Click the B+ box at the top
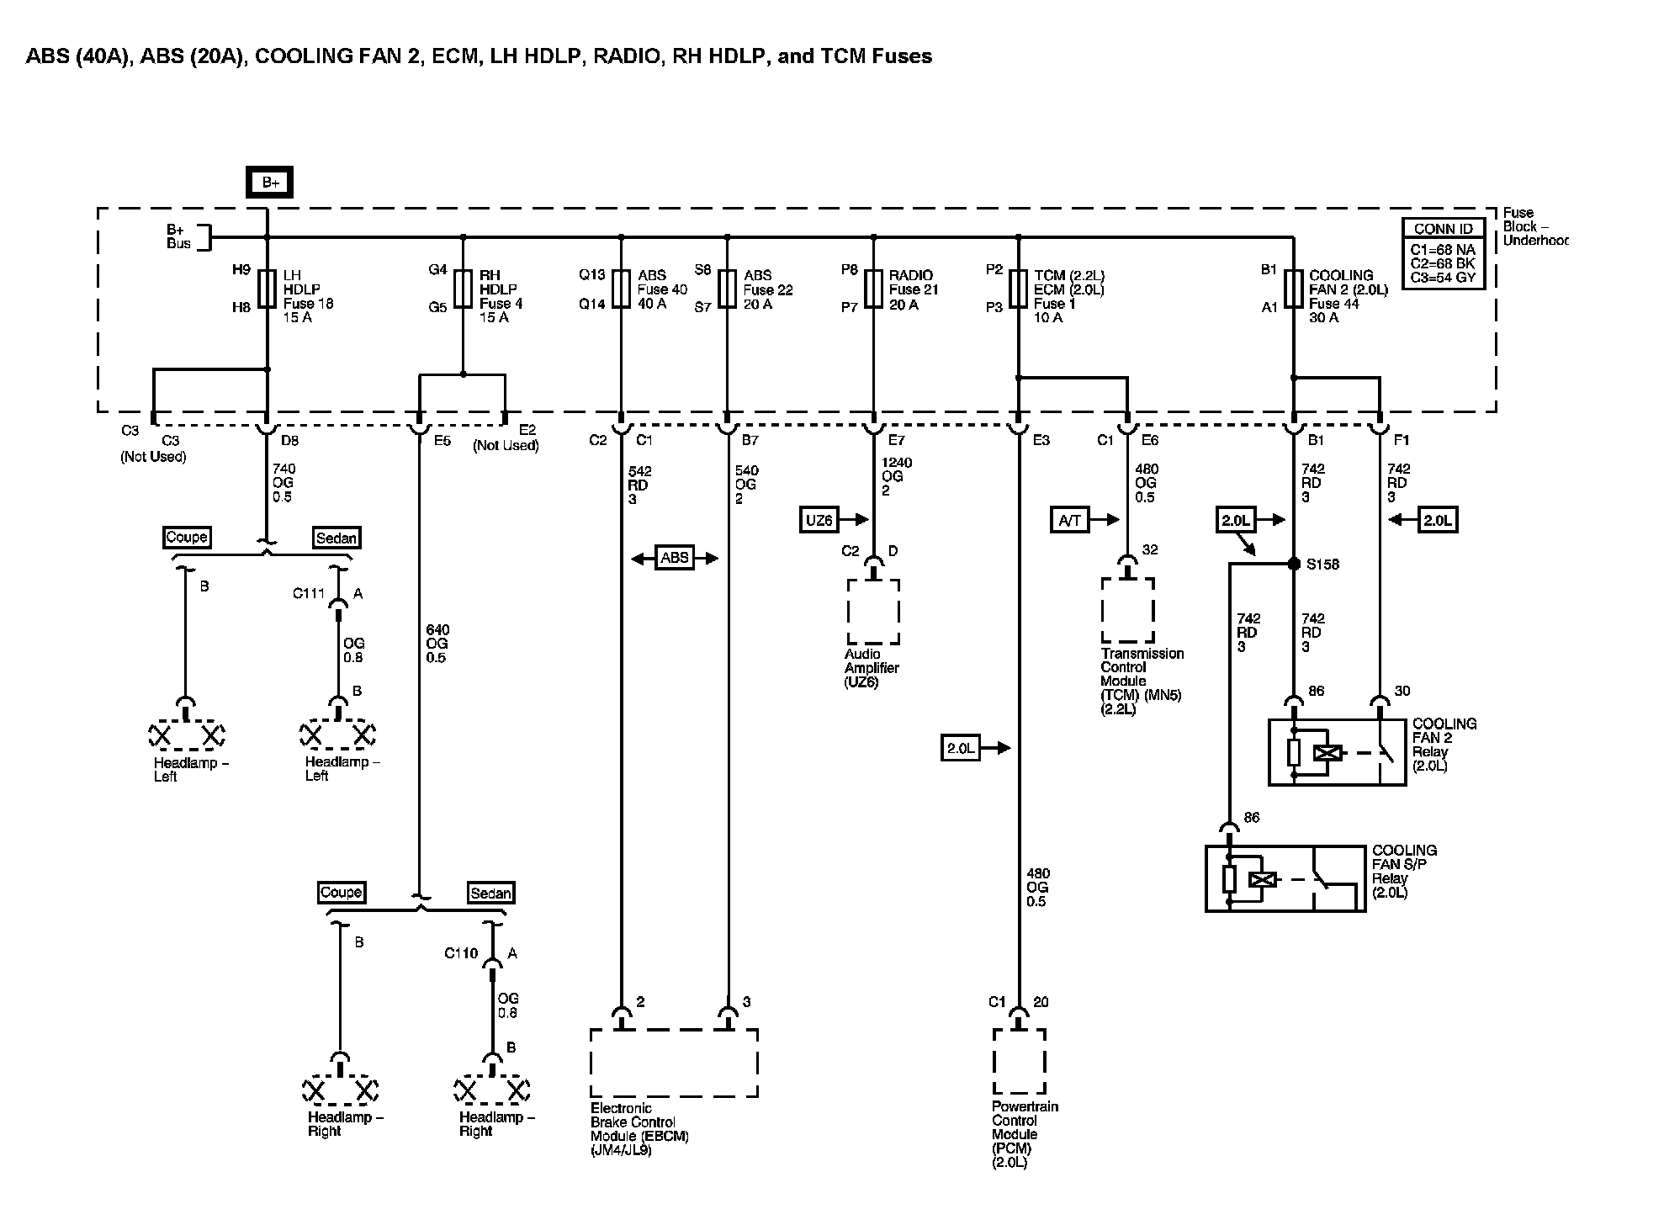(269, 182)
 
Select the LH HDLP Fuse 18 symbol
(268, 289)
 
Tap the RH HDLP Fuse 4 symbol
(463, 289)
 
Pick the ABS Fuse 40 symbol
(621, 289)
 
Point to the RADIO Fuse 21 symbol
(873, 289)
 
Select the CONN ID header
(1443, 229)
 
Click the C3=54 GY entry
(1443, 277)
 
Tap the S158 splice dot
(1294, 564)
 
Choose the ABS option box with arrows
(675, 558)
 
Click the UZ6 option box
(819, 521)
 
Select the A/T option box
(1069, 521)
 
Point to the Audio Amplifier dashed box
(873, 612)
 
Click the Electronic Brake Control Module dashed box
(674, 1063)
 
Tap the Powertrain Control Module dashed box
(1020, 1061)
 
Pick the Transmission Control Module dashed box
(1127, 610)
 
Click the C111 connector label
(309, 594)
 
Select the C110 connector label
(461, 953)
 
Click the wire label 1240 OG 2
(897, 476)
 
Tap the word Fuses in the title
(902, 56)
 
